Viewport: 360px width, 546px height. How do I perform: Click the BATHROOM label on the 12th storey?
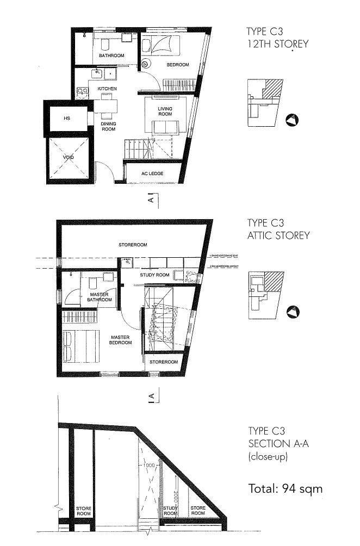(x=111, y=56)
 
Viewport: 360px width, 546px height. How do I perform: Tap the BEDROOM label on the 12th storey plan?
(x=177, y=65)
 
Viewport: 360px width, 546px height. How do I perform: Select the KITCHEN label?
(x=107, y=89)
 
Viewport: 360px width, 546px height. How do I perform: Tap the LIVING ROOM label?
(x=165, y=111)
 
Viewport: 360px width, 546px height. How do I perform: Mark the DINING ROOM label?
(x=108, y=127)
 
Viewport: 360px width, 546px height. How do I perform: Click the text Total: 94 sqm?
(x=285, y=488)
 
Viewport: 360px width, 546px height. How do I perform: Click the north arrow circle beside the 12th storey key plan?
(x=292, y=120)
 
